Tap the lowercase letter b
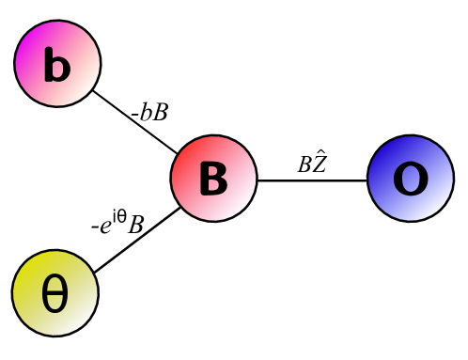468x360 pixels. click(x=56, y=67)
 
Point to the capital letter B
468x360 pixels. click(x=213, y=179)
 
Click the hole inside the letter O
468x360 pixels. click(x=411, y=180)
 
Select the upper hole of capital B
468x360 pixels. click(x=215, y=171)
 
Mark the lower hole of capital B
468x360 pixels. click(x=215, y=186)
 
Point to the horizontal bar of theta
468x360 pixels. click(x=55, y=295)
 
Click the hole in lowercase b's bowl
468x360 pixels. click(x=59, y=71)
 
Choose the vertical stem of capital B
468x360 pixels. click(x=204, y=179)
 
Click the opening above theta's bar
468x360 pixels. click(x=55, y=286)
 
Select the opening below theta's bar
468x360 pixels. click(x=55, y=305)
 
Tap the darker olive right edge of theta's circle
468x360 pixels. click(x=90, y=293)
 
